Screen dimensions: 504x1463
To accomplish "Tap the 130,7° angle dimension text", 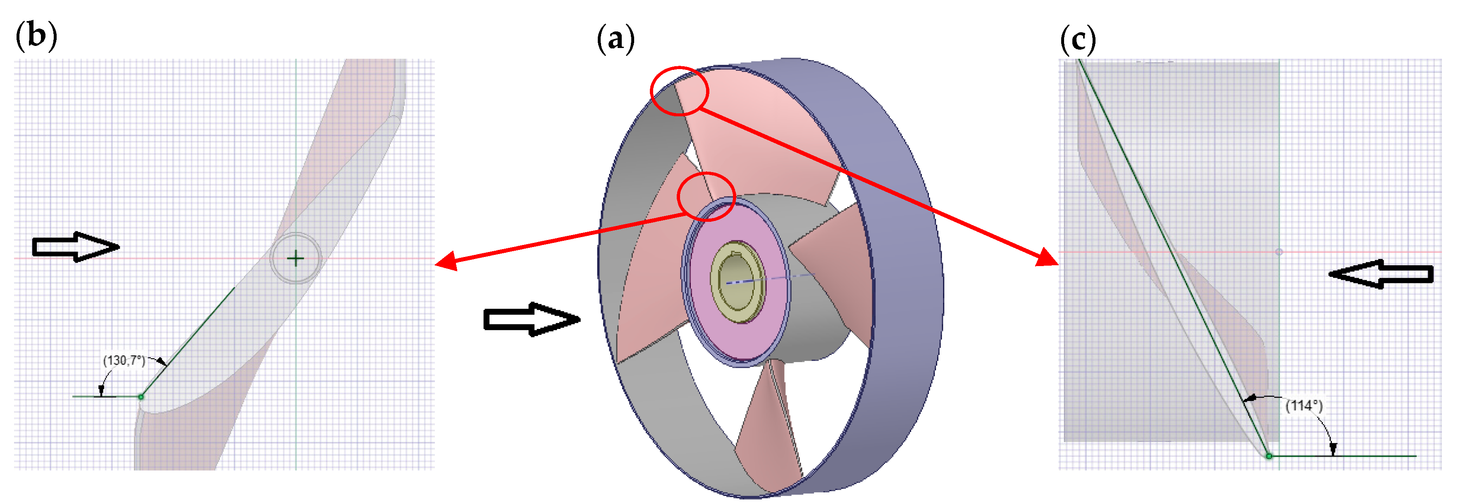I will pos(124,360).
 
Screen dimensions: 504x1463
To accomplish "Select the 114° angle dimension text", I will pos(1304,406).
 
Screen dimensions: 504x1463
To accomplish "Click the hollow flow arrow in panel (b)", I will pos(76,247).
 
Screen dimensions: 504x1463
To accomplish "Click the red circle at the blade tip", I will pos(679,91).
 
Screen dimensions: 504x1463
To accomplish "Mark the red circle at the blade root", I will pos(706,197).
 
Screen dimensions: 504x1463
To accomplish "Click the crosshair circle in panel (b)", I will pos(295,259).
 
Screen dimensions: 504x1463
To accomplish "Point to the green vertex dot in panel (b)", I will pos(141,396).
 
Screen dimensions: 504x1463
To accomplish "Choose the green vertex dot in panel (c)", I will pos(1269,456).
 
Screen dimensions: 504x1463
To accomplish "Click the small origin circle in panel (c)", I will pos(1279,252).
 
